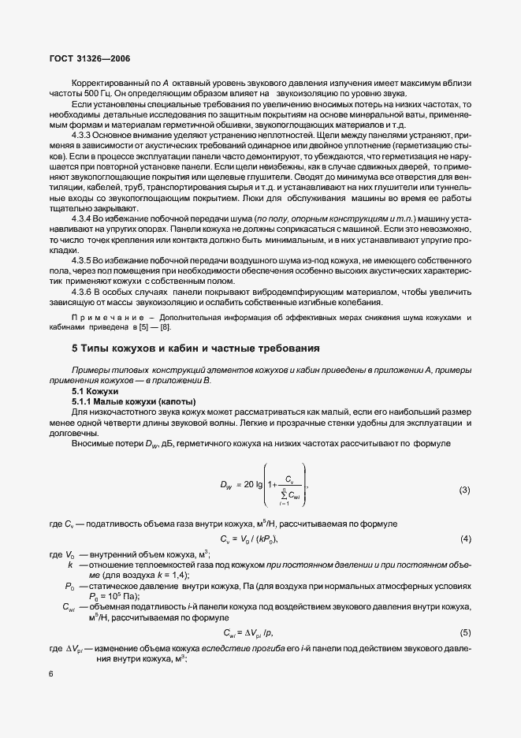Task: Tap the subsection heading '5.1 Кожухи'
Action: (95, 391)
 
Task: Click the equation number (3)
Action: (464, 490)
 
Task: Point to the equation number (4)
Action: (464, 539)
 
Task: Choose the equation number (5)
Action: (464, 633)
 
